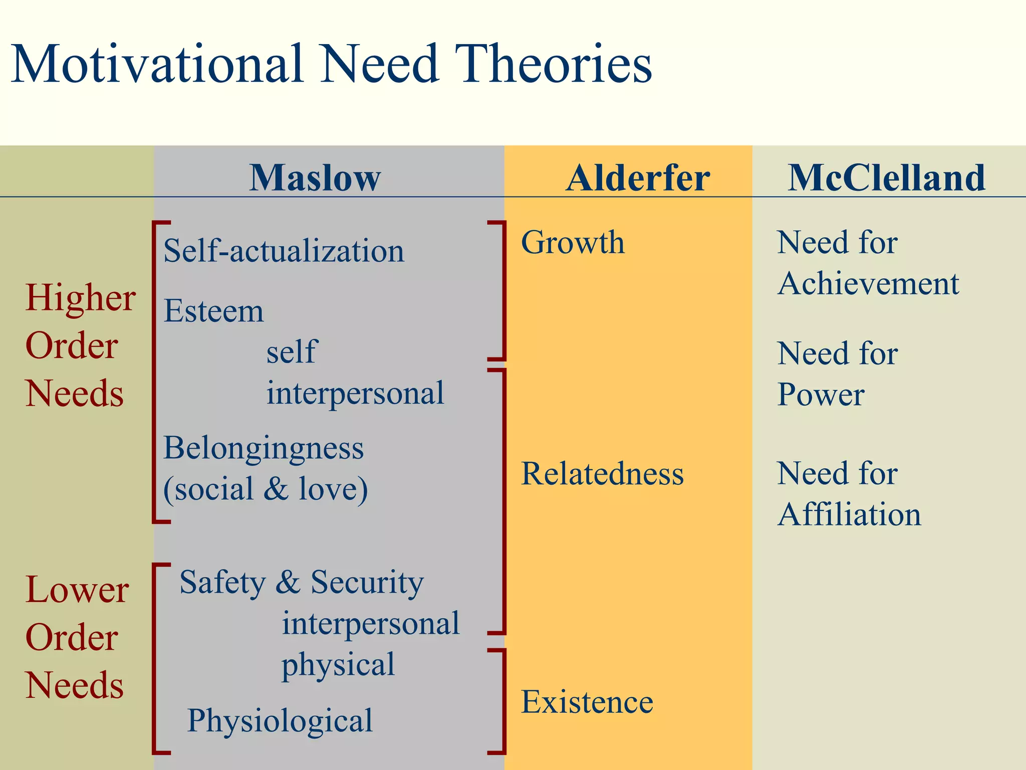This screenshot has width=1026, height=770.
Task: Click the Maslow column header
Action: pos(315,178)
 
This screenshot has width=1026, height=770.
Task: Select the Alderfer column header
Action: pos(638,178)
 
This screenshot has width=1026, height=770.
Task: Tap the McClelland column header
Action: pos(886,178)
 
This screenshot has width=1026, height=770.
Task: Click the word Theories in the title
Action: pos(555,64)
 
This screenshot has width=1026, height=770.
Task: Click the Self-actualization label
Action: pos(284,251)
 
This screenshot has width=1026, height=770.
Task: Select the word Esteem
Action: pos(213,311)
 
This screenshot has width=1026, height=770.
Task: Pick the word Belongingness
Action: pos(264,448)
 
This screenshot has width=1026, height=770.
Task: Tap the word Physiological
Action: pos(280,721)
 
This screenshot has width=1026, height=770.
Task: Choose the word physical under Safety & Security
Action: pos(338,665)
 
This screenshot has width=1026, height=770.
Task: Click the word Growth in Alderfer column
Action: pos(573,243)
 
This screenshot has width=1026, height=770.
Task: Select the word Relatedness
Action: pos(602,474)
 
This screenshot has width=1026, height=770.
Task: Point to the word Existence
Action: pos(587,702)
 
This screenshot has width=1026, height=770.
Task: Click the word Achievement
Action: pos(868,284)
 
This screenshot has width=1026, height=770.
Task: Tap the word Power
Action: pos(821,395)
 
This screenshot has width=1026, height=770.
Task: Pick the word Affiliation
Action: pos(849,515)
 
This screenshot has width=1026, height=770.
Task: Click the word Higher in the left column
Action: pos(80,298)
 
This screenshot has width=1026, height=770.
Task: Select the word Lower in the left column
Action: pos(77,590)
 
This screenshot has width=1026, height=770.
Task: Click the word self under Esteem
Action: pos(292,351)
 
